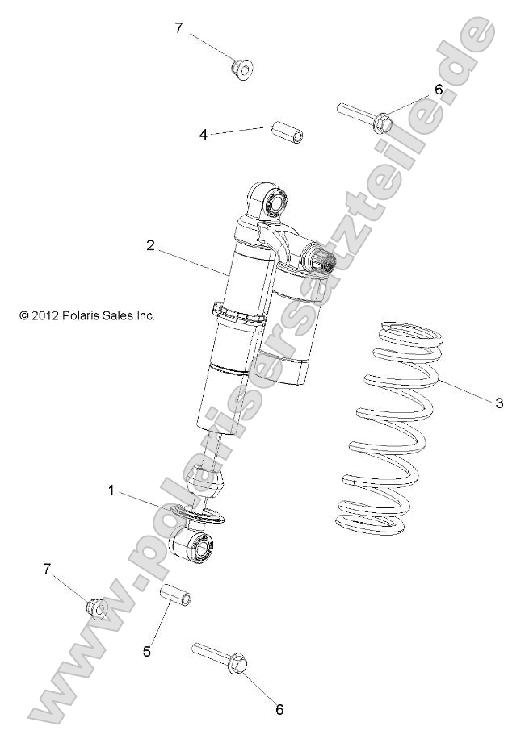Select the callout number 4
[x=204, y=135]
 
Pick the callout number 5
[x=147, y=650]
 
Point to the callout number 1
[x=111, y=490]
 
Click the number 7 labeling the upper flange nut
[x=178, y=28]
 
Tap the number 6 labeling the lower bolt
[x=279, y=710]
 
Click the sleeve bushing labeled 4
[x=290, y=131]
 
